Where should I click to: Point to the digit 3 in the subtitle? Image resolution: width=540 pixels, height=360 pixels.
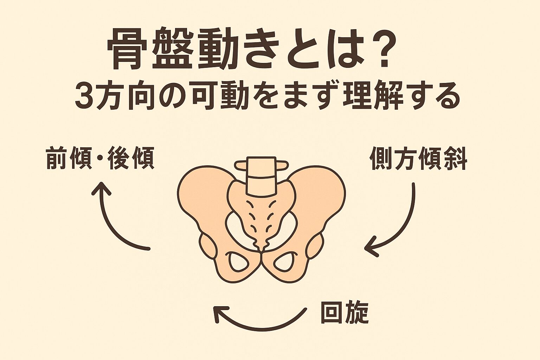pos(83,96)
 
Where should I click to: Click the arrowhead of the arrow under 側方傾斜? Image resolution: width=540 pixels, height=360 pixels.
pos(369,248)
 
